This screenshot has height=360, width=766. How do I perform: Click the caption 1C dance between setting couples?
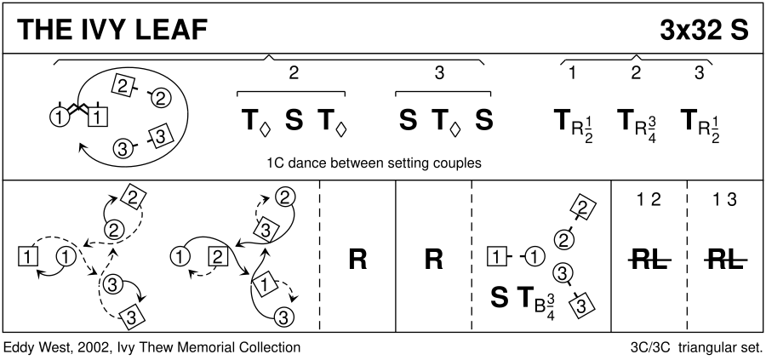coord(374,163)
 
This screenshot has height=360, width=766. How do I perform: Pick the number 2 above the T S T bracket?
coord(293,74)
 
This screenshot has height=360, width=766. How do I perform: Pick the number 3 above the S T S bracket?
coord(439,74)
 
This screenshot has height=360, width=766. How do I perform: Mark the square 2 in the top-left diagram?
coord(123,84)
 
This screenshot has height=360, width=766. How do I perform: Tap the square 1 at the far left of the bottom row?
coord(27,254)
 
